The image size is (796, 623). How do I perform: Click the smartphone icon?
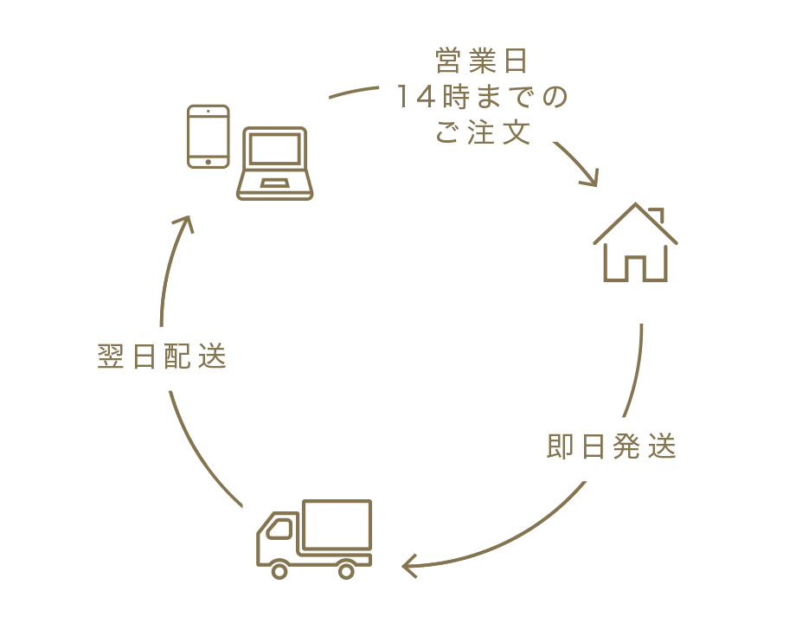pyautogui.click(x=209, y=137)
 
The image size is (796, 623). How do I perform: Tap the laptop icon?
pyautogui.click(x=275, y=164)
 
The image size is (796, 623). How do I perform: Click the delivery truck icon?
pyautogui.click(x=314, y=538)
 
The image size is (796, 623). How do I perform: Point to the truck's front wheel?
pyautogui.click(x=279, y=570)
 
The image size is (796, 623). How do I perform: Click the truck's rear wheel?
pyautogui.click(x=346, y=570)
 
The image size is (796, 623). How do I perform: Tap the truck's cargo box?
pyautogui.click(x=336, y=525)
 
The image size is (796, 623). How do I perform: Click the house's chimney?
pyautogui.click(x=658, y=213)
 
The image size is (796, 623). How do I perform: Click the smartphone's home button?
pyautogui.click(x=209, y=160)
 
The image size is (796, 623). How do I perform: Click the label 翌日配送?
pyautogui.click(x=162, y=357)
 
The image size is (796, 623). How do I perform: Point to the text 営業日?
pyautogui.click(x=481, y=62)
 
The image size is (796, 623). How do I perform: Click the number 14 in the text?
pyautogui.click(x=413, y=97)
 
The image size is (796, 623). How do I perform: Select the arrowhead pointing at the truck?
pyautogui.click(x=410, y=567)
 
